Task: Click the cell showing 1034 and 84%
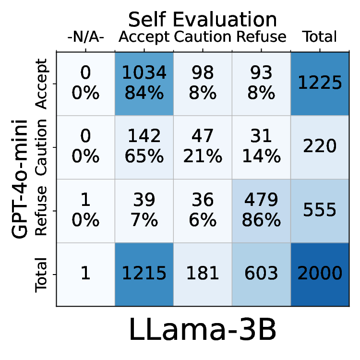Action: pyautogui.click(x=144, y=83)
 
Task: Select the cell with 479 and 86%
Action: pyautogui.click(x=261, y=210)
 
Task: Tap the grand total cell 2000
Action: pyautogui.click(x=320, y=274)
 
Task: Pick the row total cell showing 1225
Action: pyautogui.click(x=320, y=83)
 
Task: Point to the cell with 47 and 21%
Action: pyautogui.click(x=203, y=147)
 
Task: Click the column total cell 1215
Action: pyautogui.click(x=144, y=274)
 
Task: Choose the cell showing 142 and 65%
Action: pyautogui.click(x=144, y=147)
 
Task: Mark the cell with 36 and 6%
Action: pyautogui.click(x=203, y=210)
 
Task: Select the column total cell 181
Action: pyautogui.click(x=203, y=274)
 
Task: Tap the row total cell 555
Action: pyautogui.click(x=320, y=210)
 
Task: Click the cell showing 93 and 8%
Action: pyautogui.click(x=261, y=83)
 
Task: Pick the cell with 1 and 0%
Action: pyautogui.click(x=86, y=210)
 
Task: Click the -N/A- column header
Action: pyautogui.click(x=86, y=37)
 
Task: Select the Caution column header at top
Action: pyautogui.click(x=203, y=37)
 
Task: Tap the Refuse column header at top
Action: pyautogui.click(x=261, y=37)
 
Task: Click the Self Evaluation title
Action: pyautogui.click(x=203, y=19)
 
